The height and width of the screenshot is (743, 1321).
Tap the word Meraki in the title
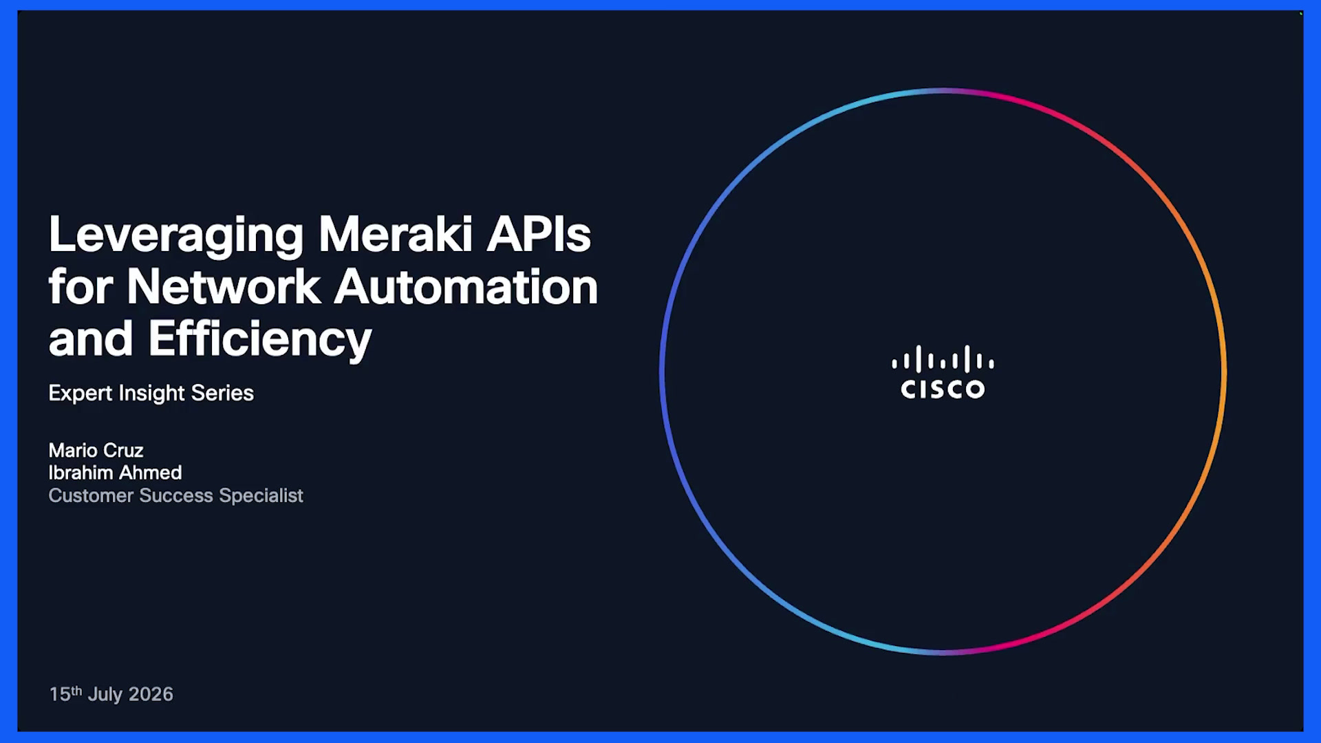[x=396, y=235]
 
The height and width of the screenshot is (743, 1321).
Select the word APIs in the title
[x=539, y=235]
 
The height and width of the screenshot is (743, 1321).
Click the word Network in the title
[x=224, y=286]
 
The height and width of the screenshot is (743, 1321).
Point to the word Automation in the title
[x=466, y=286]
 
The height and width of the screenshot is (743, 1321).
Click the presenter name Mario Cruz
[x=96, y=451]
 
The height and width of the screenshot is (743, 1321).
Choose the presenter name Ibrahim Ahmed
[x=116, y=473]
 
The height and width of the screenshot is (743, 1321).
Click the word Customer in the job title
[x=91, y=495]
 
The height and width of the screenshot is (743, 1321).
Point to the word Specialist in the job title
[x=261, y=496]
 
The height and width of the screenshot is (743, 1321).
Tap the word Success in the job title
[x=176, y=495]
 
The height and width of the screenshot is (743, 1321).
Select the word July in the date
[x=105, y=695]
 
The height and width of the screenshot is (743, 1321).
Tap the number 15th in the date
[x=65, y=693]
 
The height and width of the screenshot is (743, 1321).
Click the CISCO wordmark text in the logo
[x=943, y=389]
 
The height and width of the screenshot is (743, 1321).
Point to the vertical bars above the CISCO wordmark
[x=943, y=359]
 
